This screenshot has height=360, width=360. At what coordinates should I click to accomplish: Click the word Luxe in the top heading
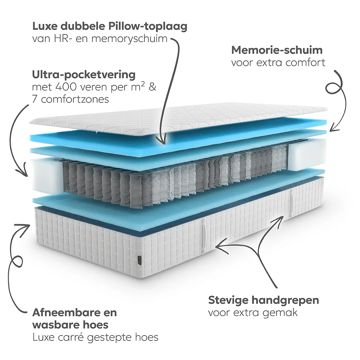[44, 26]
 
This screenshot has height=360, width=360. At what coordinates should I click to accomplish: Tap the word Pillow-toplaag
[148, 27]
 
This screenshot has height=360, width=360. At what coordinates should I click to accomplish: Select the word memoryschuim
[129, 39]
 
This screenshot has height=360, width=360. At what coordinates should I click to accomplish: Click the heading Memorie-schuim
[277, 50]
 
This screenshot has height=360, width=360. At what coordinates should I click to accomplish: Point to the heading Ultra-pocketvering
[84, 75]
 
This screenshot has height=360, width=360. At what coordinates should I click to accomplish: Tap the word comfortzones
[75, 100]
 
